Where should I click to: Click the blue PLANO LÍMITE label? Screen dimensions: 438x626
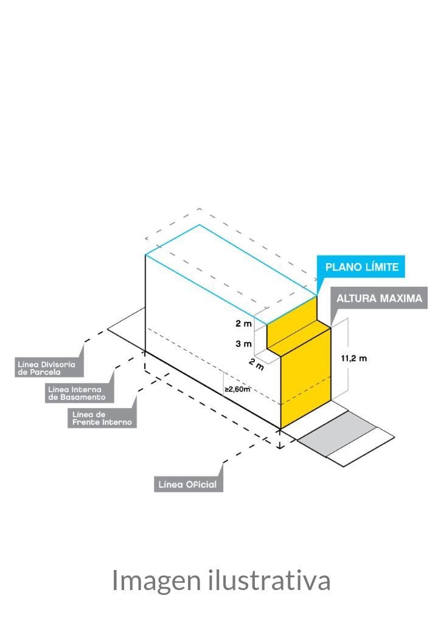pyautogui.click(x=361, y=267)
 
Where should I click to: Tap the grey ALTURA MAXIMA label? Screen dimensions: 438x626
pyautogui.click(x=379, y=298)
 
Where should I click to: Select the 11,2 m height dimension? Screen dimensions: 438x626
pyautogui.click(x=353, y=359)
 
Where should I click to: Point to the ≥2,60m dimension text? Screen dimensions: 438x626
pyautogui.click(x=237, y=389)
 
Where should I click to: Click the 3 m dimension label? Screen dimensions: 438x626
pyautogui.click(x=243, y=343)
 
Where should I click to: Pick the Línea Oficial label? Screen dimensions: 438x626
pyautogui.click(x=188, y=485)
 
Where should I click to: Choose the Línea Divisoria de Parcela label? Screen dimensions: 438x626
pyautogui.click(x=47, y=368)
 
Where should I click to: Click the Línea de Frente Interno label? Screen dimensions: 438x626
pyautogui.click(x=102, y=418)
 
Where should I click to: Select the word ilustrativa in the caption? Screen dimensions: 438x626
pyautogui.click(x=269, y=580)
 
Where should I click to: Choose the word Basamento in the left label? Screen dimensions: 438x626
pyautogui.click(x=83, y=397)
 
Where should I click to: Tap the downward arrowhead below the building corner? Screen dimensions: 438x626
pyautogui.click(x=280, y=446)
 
